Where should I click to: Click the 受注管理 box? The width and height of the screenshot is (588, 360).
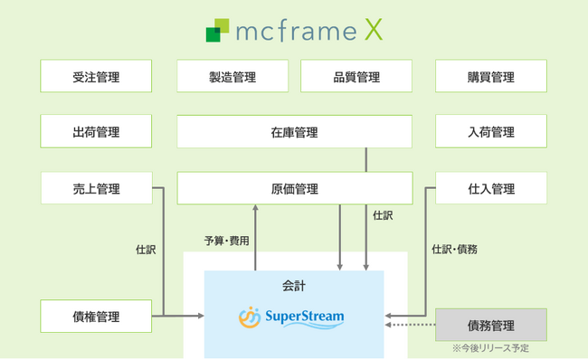point(95,77)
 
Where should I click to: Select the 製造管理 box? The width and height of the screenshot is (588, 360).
point(232,77)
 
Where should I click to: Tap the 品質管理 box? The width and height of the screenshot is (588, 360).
point(356,77)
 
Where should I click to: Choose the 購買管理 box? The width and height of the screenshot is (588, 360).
point(491,77)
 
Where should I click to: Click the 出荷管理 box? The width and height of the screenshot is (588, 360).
point(95,132)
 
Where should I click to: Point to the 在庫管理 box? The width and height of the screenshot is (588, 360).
point(294,132)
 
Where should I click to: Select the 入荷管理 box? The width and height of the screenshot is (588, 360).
point(491,132)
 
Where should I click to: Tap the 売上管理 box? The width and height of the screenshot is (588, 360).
point(95,188)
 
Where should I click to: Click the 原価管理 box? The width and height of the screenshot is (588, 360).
point(294,188)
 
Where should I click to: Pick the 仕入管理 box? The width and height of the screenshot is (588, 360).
point(491,188)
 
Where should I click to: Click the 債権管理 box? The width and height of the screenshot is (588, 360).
point(95,317)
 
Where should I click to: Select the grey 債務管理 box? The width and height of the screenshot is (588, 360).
point(491,324)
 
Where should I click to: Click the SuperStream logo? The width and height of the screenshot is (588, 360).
point(291,317)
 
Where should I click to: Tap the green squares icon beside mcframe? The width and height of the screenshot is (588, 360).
point(217,32)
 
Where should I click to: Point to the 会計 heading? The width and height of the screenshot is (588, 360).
point(294,285)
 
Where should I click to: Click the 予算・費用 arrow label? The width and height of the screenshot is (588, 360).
point(226,242)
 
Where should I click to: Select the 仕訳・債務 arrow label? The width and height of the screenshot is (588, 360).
point(454,249)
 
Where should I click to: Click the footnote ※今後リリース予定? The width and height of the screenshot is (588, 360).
point(489,348)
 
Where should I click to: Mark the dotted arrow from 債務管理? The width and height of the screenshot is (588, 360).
point(412,325)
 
